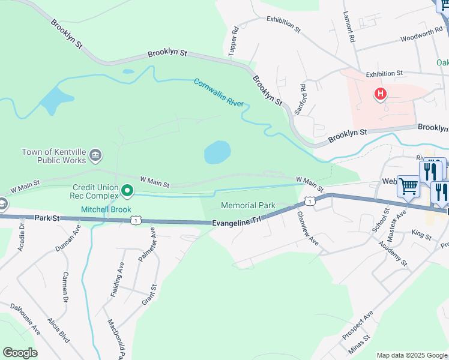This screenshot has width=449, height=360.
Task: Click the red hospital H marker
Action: click(380, 94)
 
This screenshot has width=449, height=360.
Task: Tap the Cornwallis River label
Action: click(219, 92)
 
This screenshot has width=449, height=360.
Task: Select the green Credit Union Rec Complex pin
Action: click(127, 191)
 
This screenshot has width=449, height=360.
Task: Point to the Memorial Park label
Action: click(248, 205)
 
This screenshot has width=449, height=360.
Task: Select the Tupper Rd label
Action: click(233, 42)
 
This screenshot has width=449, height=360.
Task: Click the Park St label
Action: click(48, 217)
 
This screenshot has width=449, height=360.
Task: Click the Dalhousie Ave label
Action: click(25, 318)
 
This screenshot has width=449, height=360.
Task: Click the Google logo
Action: click(20, 353)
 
